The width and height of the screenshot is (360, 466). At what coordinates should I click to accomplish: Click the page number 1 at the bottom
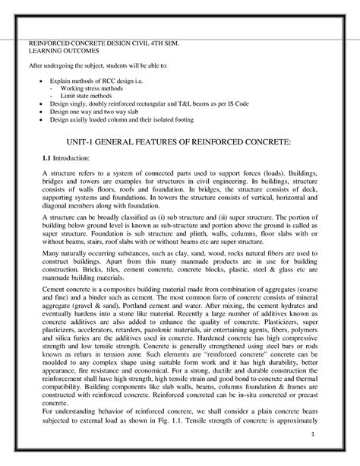pos(333,434)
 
